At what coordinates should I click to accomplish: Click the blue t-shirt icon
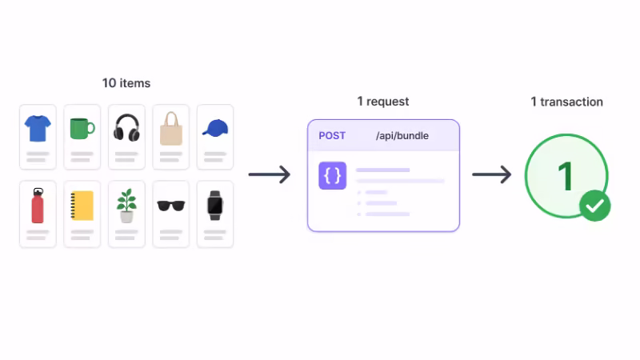pos(38,127)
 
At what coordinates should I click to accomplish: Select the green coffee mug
pos(82,128)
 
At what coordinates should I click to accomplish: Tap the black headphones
pos(126,127)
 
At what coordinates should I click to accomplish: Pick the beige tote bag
pos(171,128)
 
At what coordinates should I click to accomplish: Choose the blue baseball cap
pos(215,128)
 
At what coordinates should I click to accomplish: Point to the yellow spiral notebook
pos(82,206)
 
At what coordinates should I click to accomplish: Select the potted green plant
pos(126,205)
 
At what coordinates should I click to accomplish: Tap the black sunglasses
pos(171,206)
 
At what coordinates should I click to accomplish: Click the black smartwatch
pos(215,205)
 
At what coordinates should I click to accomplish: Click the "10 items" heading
pos(126,83)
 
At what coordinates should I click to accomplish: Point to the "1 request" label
pos(382,102)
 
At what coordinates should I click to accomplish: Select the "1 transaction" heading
pos(566,102)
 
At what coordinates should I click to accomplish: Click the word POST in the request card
pos(332,136)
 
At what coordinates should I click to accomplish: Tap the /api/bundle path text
pos(402,136)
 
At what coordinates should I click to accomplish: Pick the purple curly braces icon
pos(332,176)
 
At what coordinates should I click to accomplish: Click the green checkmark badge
pos(594,206)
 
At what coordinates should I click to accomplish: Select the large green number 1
pos(566,176)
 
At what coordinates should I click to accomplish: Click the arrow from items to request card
pos(270,174)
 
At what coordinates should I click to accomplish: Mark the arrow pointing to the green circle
pos(491,174)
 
